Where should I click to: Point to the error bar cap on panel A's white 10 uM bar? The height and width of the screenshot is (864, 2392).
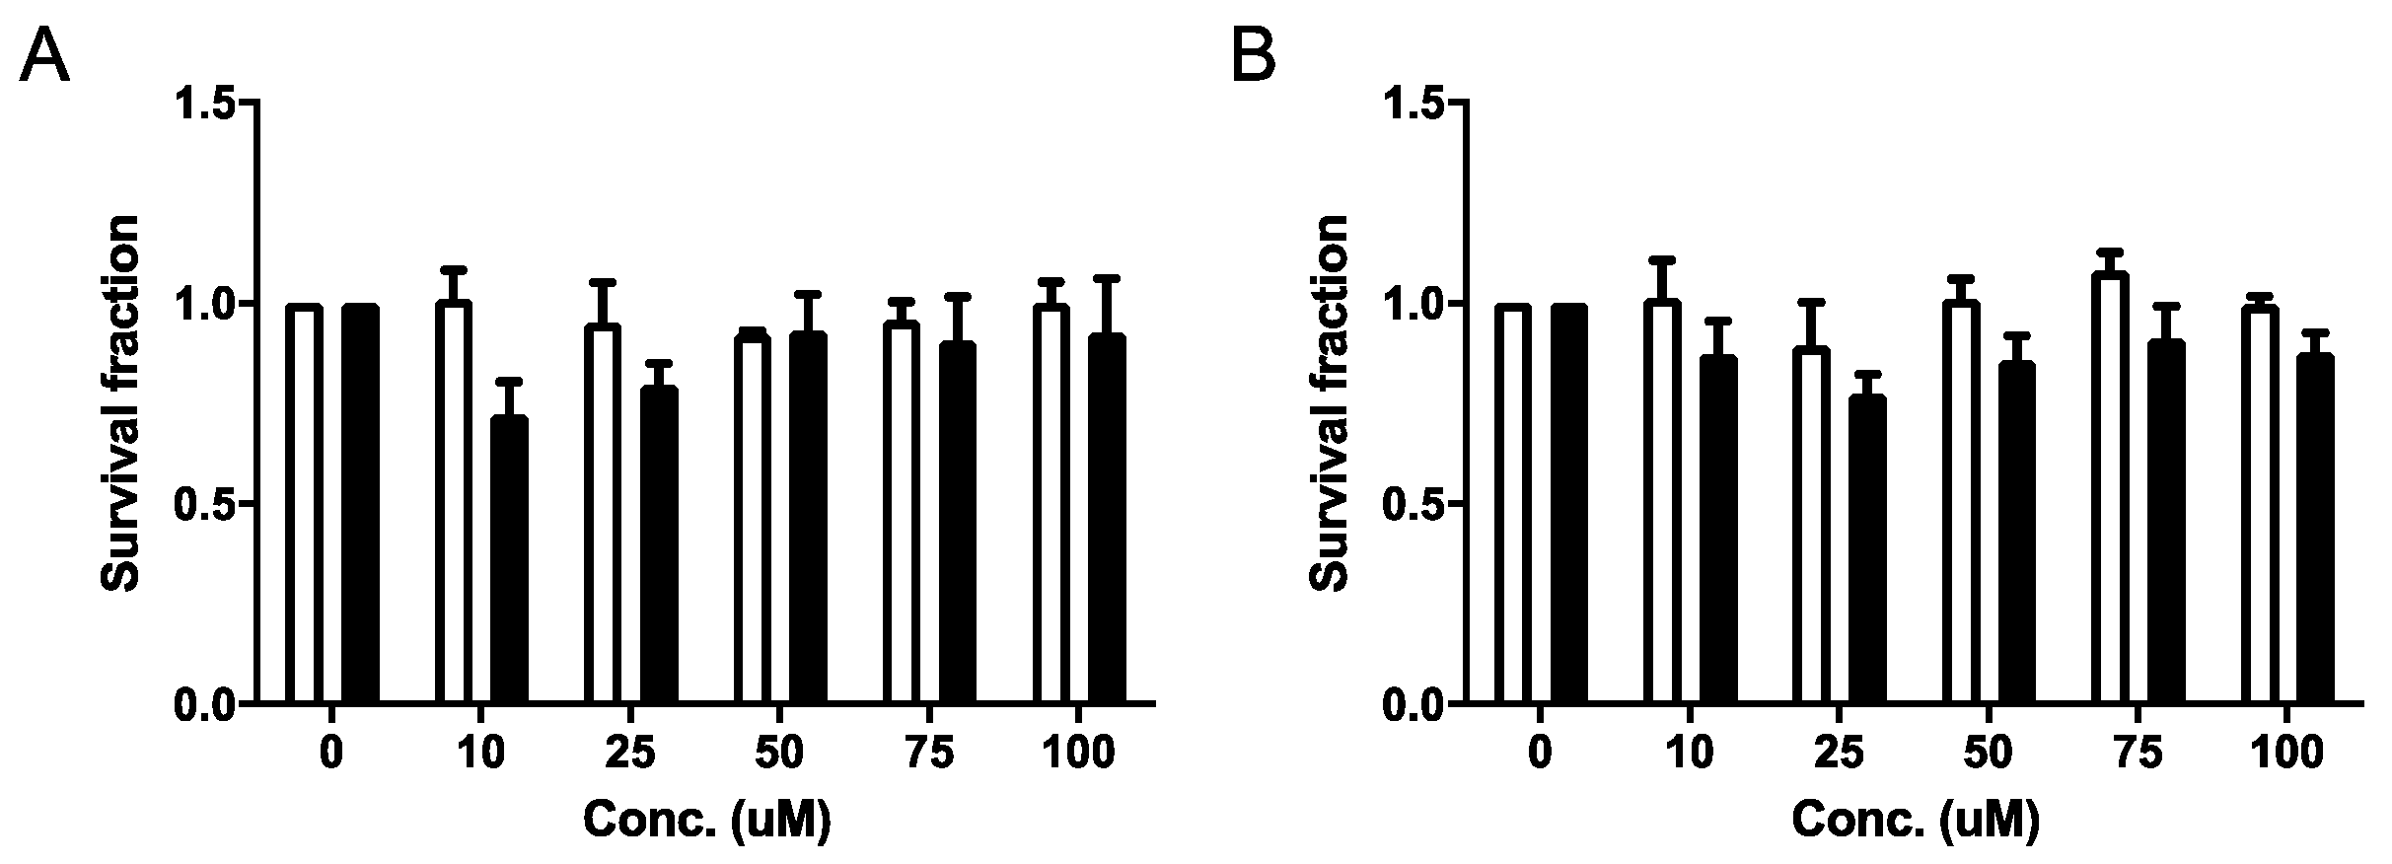pos(453,269)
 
